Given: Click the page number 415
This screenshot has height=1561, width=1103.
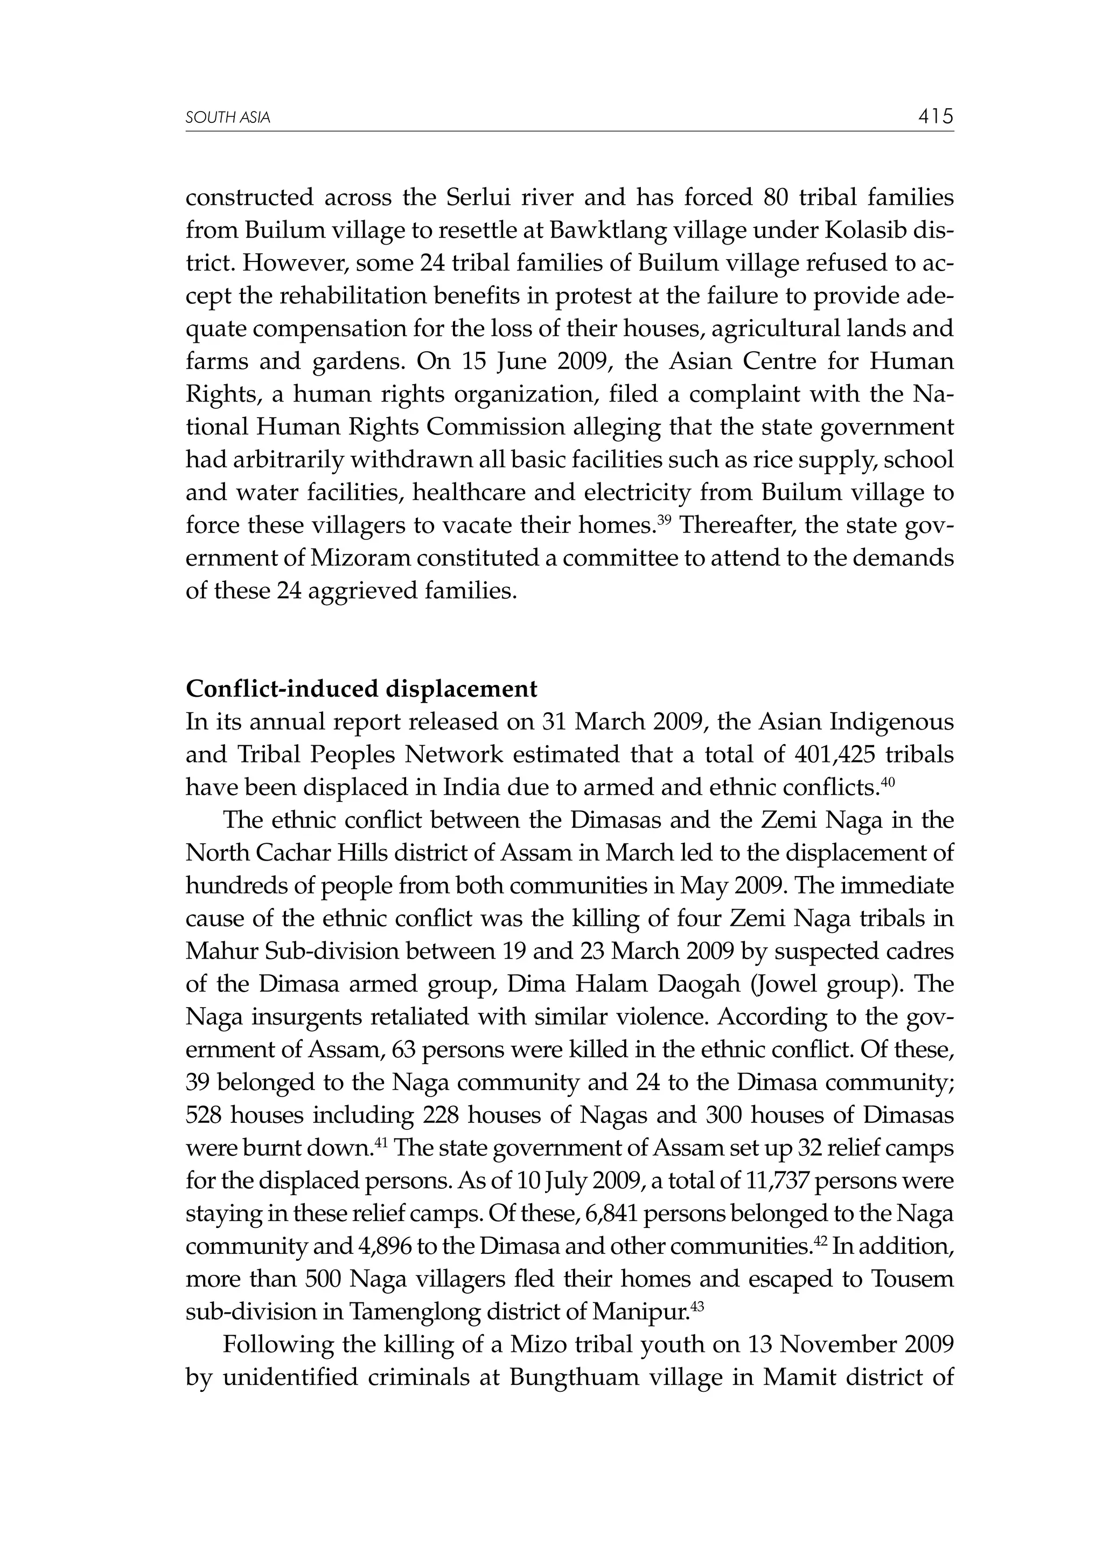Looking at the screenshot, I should (935, 117).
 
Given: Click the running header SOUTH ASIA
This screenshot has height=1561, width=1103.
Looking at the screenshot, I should (228, 119).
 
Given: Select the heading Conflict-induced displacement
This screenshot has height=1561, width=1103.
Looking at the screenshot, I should (361, 689).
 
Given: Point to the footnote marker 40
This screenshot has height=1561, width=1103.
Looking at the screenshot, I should (888, 782).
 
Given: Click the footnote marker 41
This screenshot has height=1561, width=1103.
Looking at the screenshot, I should (381, 1142).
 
